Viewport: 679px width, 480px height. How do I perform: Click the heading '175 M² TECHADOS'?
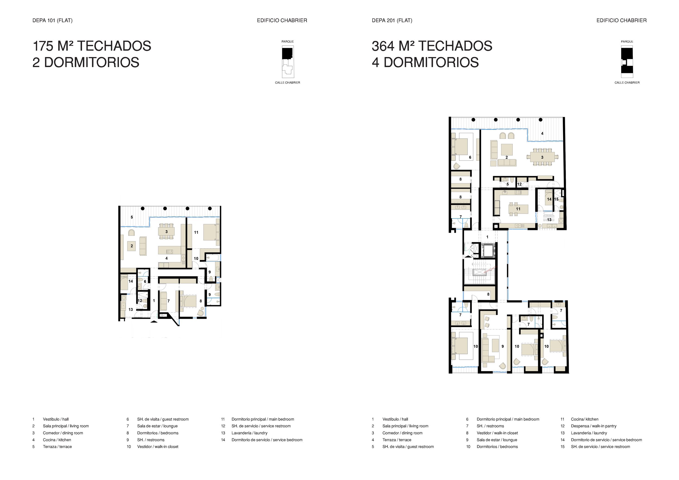[92, 46]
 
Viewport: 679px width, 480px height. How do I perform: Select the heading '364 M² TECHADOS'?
[432, 46]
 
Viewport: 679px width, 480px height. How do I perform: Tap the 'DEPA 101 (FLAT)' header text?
[52, 20]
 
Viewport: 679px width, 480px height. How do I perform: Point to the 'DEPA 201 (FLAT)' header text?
[392, 20]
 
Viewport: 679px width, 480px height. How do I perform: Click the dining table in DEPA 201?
[542, 157]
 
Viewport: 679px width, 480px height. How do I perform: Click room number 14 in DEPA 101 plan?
[131, 281]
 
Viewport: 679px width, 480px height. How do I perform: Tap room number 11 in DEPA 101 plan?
[196, 232]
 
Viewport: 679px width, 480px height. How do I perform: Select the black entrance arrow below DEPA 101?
[154, 321]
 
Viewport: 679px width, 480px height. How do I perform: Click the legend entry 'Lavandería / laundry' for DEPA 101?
[249, 433]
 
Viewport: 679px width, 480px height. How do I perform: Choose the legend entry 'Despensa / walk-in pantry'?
[593, 426]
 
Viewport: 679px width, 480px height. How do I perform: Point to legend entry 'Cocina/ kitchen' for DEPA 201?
[584, 419]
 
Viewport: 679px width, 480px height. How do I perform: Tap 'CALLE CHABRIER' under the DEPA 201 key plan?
[627, 83]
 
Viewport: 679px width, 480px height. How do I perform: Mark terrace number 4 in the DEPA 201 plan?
[542, 134]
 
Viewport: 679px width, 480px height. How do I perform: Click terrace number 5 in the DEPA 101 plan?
[132, 217]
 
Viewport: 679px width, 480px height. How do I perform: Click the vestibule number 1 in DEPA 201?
[487, 237]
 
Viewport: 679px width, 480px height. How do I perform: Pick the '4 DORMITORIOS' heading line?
[425, 63]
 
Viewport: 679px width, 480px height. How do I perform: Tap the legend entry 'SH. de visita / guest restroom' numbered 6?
[163, 419]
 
